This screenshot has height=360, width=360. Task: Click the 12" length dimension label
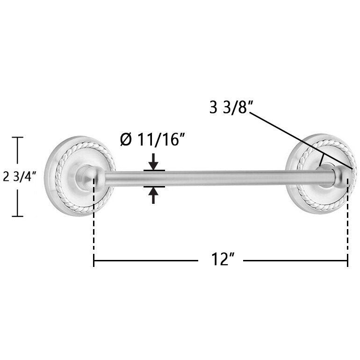click(223, 259)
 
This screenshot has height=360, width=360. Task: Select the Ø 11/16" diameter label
click(152, 140)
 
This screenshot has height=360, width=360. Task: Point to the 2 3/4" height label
click(20, 177)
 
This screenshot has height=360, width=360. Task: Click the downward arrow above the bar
click(153, 162)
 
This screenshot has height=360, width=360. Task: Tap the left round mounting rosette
click(79, 176)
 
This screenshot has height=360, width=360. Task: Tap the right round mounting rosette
click(321, 174)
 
